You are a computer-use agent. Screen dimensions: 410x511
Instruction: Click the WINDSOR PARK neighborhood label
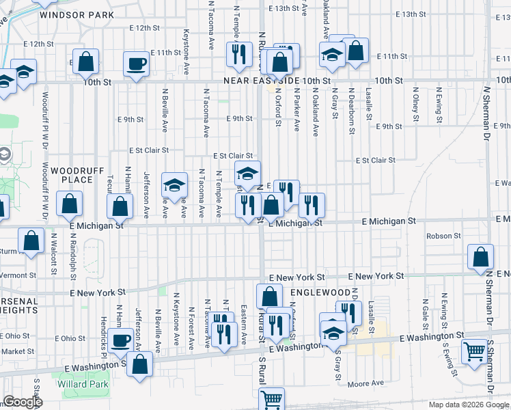pyautogui.click(x=77, y=14)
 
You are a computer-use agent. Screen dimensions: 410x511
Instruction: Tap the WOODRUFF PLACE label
pyautogui.click(x=71, y=174)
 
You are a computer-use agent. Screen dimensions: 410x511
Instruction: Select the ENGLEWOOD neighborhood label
pyautogui.click(x=310, y=292)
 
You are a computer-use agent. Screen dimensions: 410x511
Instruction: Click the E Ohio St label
pyautogui.click(x=70, y=338)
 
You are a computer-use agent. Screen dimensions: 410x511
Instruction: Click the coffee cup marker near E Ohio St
pyautogui.click(x=122, y=341)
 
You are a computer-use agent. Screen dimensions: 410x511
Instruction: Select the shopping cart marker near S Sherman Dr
pyautogui.click(x=474, y=352)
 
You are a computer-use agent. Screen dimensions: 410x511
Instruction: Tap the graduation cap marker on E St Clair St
pyautogui.click(x=248, y=173)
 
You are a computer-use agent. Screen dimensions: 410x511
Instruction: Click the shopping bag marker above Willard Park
pyautogui.click(x=140, y=365)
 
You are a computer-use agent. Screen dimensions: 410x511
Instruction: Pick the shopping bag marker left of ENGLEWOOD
pyautogui.click(x=269, y=296)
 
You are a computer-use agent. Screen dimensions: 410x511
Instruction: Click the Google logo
pyautogui.click(x=23, y=402)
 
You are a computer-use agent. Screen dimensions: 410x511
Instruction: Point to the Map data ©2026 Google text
pyautogui.click(x=468, y=405)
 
